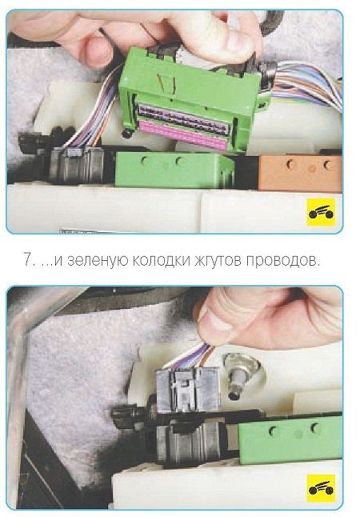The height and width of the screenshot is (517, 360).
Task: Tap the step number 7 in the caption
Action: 26,260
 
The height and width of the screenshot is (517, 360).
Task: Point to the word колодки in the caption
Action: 161,260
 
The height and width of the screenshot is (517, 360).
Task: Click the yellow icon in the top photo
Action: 321,212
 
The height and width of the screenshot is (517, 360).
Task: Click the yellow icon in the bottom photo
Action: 321,488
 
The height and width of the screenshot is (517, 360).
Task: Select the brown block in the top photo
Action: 300,173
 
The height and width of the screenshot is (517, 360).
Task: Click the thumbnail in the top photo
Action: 236,42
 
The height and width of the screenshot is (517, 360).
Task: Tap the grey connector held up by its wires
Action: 187,390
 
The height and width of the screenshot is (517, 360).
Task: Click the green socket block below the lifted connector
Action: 174,170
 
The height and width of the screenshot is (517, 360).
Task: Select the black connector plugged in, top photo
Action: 77,164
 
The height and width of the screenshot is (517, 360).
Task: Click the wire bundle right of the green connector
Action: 306,83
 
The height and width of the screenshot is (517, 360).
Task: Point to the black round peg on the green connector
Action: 126,134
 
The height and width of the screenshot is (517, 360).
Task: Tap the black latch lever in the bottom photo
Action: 130,414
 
